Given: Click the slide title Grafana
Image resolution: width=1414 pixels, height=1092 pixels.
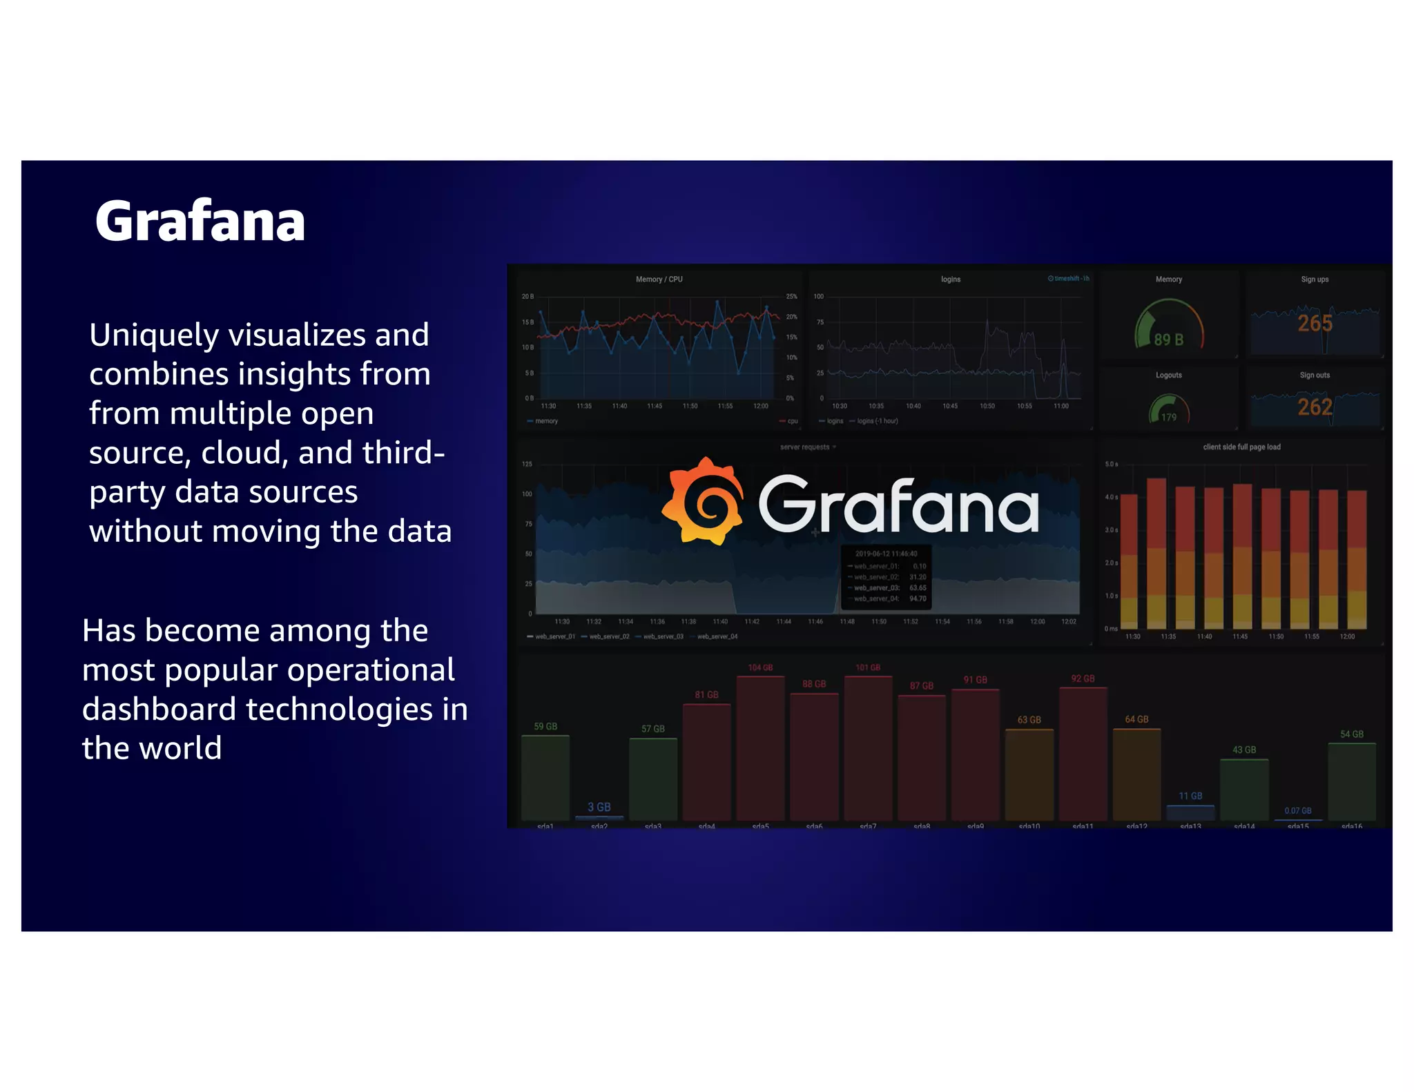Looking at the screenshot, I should (200, 222).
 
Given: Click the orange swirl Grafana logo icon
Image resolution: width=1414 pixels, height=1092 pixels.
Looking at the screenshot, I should (704, 502).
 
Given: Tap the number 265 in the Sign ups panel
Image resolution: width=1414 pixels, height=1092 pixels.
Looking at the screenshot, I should (1315, 323).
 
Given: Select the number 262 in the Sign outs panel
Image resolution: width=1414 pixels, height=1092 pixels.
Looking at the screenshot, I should (1315, 407).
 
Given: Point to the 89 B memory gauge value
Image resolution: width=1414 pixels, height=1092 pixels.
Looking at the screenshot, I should (1169, 340).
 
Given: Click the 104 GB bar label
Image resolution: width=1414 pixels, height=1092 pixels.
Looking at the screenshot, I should (760, 667).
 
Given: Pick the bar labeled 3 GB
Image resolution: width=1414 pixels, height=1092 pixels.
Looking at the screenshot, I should (599, 818).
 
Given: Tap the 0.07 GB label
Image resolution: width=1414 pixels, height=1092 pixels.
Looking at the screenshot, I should (1297, 810).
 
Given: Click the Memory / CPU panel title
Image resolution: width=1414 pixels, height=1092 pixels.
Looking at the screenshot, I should (659, 280).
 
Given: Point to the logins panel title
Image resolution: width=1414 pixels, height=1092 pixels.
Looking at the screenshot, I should (950, 280).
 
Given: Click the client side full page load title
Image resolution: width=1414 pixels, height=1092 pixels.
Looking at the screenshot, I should (1241, 447).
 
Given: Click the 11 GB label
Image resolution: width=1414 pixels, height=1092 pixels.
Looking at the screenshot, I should (1190, 796).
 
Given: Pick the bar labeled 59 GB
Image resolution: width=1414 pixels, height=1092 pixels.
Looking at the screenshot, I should (545, 777).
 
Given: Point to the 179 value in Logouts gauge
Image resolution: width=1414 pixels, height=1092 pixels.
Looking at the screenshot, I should (1169, 417).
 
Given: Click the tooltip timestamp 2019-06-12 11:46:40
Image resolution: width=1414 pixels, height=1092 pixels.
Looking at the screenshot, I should (886, 554).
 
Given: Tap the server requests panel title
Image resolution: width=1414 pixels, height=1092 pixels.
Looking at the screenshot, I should (805, 447).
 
